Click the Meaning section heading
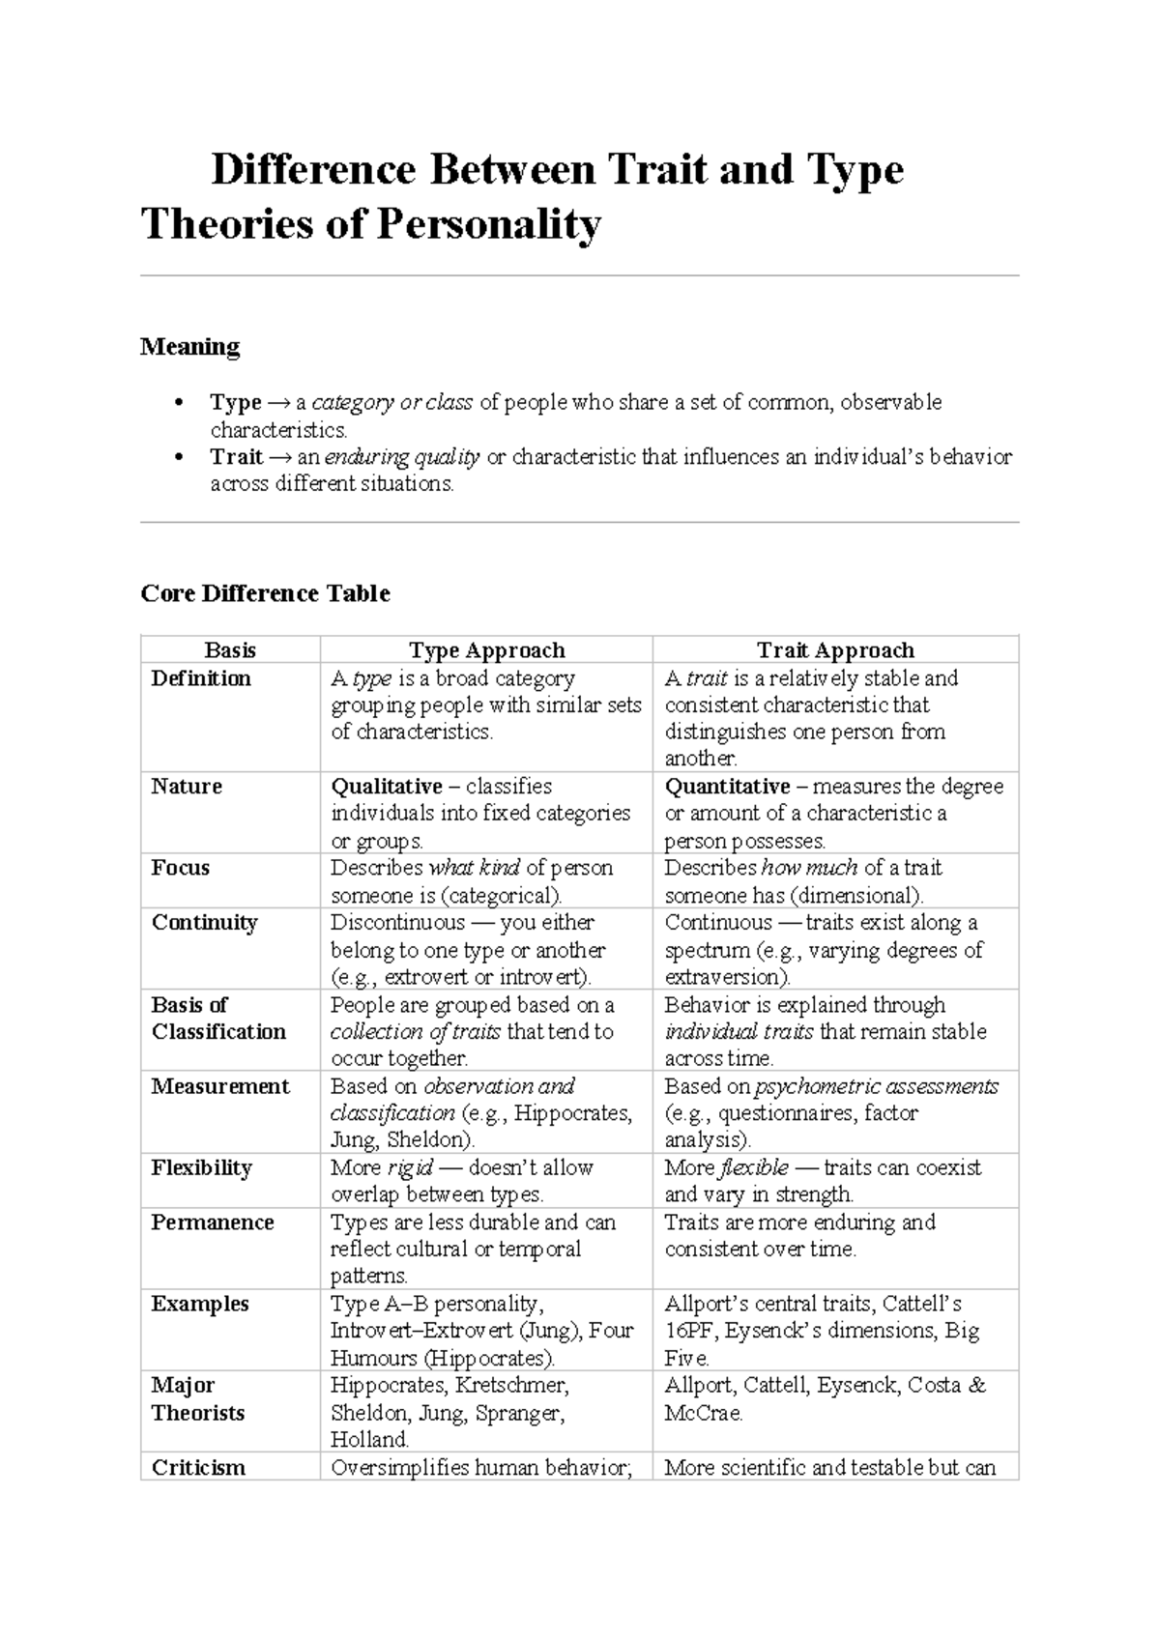click(190, 346)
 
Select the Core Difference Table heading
click(265, 593)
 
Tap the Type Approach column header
click(486, 650)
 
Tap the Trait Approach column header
click(835, 650)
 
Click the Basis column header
click(230, 650)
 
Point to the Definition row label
click(201, 678)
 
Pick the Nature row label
click(187, 787)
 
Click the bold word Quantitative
click(727, 787)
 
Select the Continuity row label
click(204, 922)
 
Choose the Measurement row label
click(220, 1086)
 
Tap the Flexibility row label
click(201, 1167)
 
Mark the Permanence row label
click(213, 1222)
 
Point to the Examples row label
click(200, 1304)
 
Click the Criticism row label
click(198, 1468)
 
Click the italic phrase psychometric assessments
click(876, 1086)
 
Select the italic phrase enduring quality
click(402, 457)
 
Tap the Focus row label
click(180, 868)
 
